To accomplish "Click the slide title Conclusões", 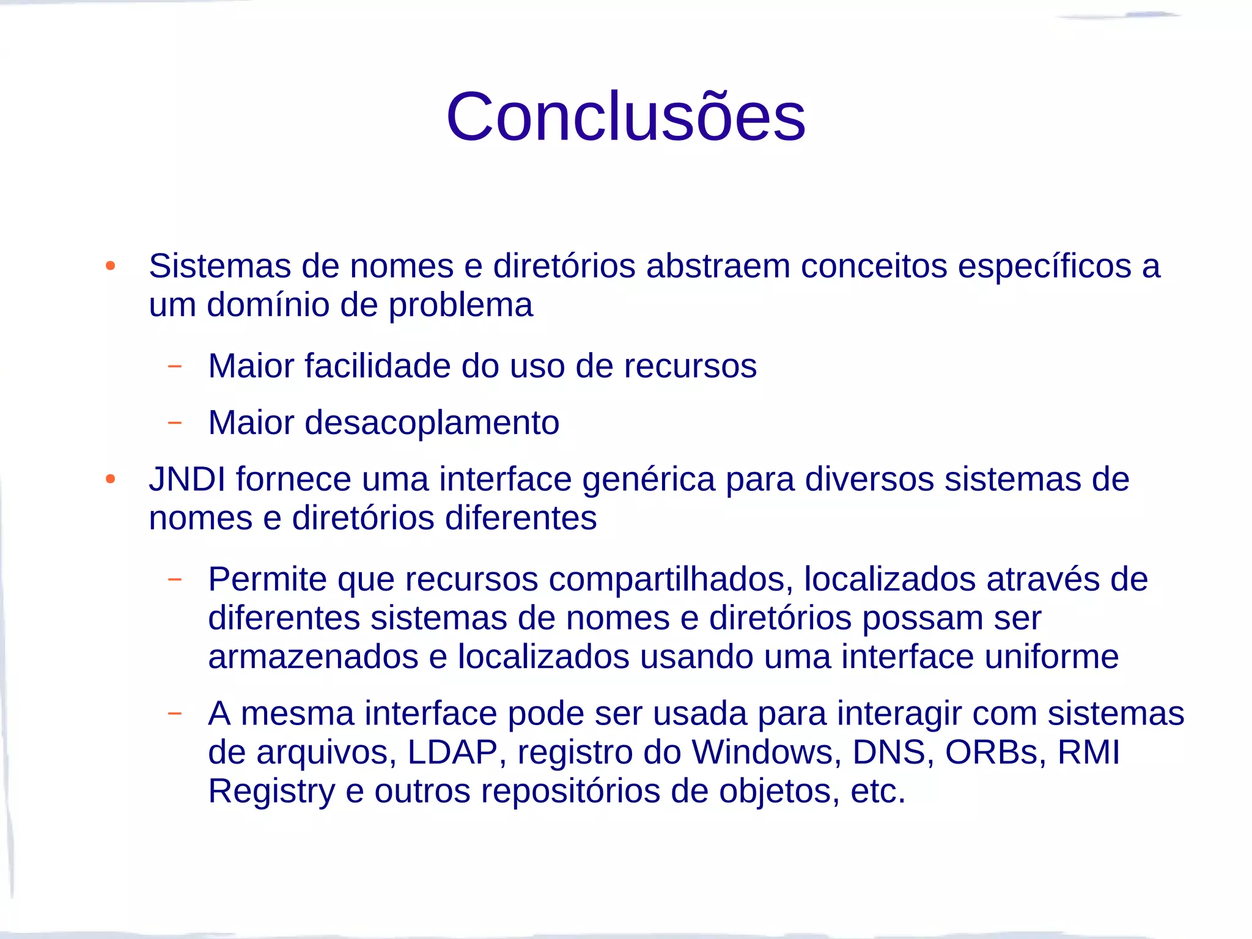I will click(625, 116).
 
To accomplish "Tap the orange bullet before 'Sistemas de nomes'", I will click(110, 266).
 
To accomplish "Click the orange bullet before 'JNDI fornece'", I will click(110, 479).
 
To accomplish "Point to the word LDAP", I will click(452, 752).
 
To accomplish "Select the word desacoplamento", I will click(432, 422).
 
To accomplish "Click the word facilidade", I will click(377, 366).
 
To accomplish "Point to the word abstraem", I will click(718, 267).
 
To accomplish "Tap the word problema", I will click(460, 306).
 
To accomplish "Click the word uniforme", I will click(1051, 657).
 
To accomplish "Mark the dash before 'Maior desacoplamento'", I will click(175, 422).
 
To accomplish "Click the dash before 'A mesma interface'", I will click(175, 713).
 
